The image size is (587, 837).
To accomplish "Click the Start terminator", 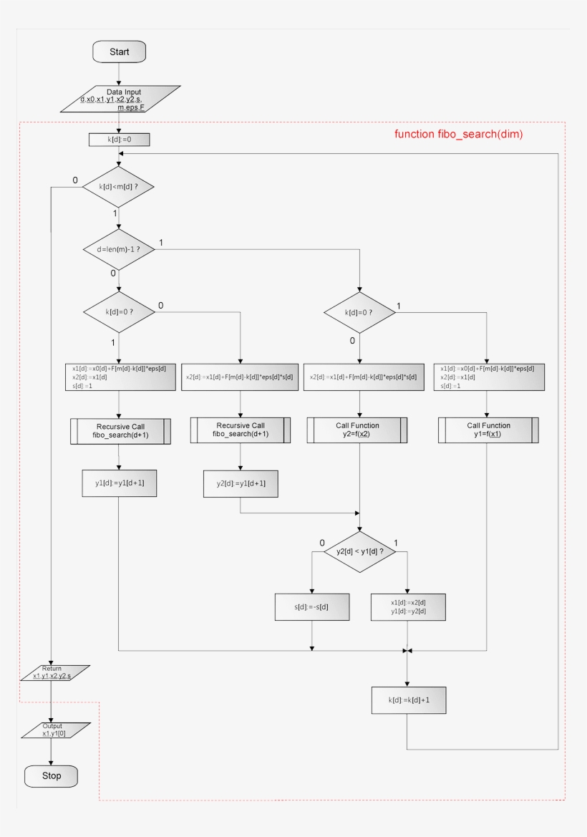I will point(120,52).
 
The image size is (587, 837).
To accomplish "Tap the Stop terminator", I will point(52,776).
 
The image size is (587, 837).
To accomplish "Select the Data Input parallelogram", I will point(120,100).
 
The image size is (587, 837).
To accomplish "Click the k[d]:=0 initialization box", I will point(120,140).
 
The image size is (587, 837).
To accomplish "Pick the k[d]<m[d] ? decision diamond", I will point(120,188).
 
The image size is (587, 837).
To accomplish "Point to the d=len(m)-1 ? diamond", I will point(120,250).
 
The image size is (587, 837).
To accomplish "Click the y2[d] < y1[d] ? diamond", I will point(359,551).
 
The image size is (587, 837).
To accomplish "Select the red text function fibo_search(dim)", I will point(458,134).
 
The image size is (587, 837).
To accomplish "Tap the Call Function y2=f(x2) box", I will point(358,430).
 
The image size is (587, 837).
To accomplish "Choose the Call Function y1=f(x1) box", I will point(487,430).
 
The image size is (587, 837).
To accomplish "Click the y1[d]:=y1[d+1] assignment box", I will point(120,483).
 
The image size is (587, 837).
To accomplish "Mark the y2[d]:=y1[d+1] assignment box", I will point(241,484).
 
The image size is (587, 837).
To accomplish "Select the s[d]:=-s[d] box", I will point(312,606).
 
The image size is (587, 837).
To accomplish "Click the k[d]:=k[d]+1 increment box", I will point(408,700).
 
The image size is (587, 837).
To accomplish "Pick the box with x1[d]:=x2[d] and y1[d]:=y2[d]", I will point(408,606).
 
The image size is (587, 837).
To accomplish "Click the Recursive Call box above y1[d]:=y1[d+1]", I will point(120,431).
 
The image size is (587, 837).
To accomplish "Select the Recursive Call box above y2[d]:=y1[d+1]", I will point(241,430).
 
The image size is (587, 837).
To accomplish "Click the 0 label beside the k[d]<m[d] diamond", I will point(75,180).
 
